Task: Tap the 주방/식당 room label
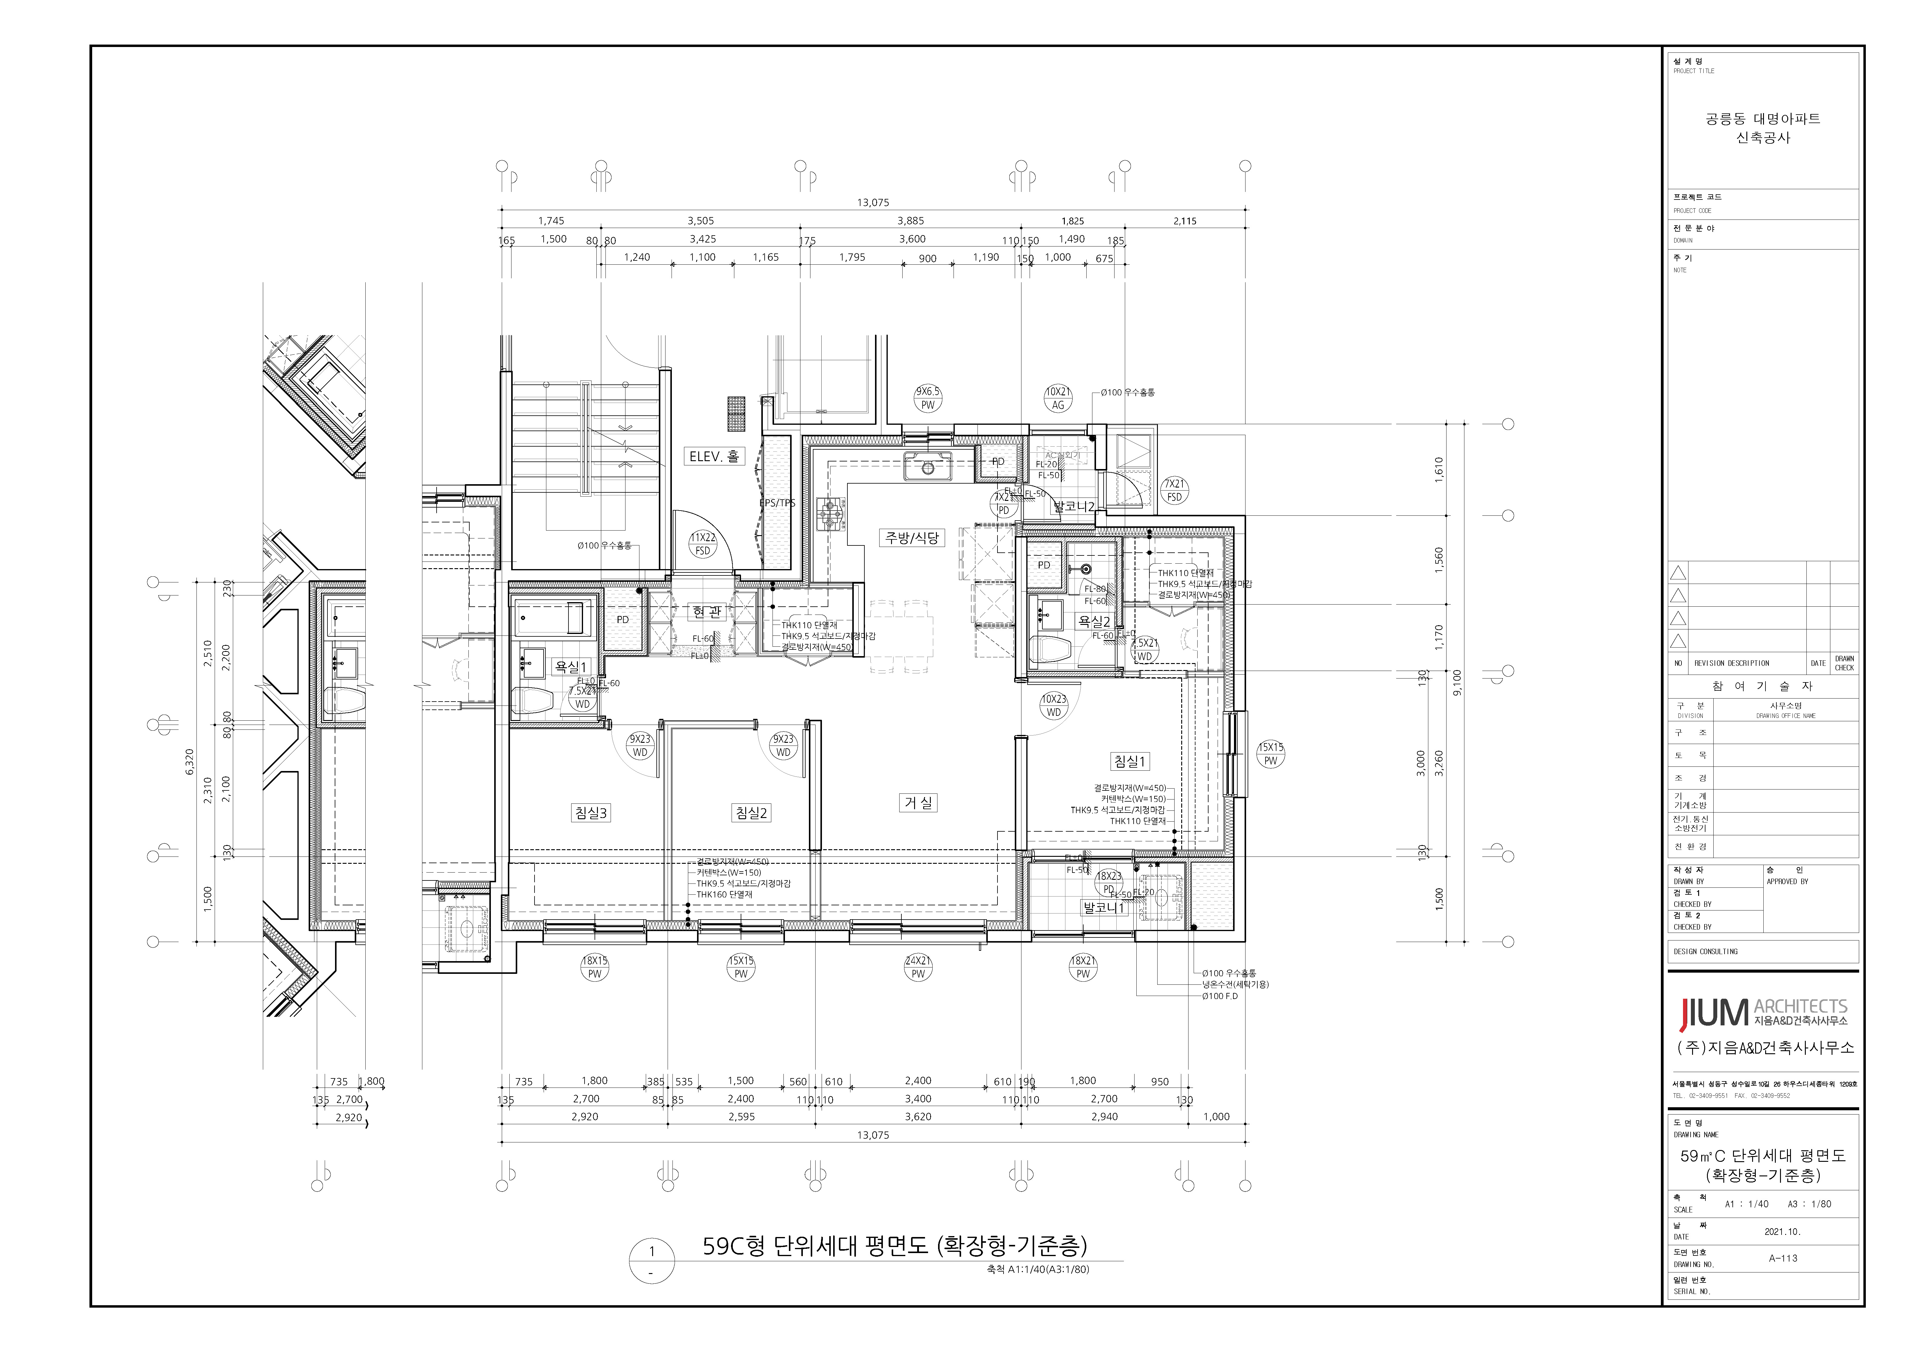(x=910, y=538)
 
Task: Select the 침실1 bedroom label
(x=1129, y=761)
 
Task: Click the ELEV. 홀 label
(x=713, y=456)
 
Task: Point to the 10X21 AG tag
(x=1058, y=398)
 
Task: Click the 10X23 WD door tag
(x=1054, y=706)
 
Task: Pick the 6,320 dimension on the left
(x=189, y=762)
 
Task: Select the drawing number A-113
(x=1783, y=1258)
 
